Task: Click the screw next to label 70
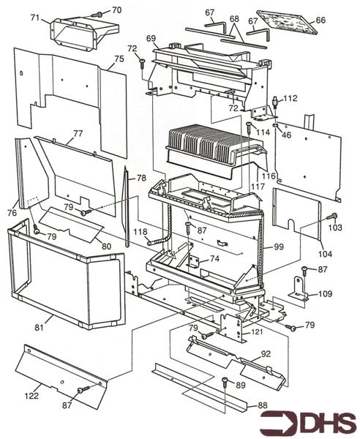[x=98, y=13]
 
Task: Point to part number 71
[x=34, y=16]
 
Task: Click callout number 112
[x=290, y=98]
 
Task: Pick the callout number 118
[x=140, y=231]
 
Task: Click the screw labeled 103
[x=333, y=217]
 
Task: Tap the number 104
[x=325, y=253]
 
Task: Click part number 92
[x=266, y=353]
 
